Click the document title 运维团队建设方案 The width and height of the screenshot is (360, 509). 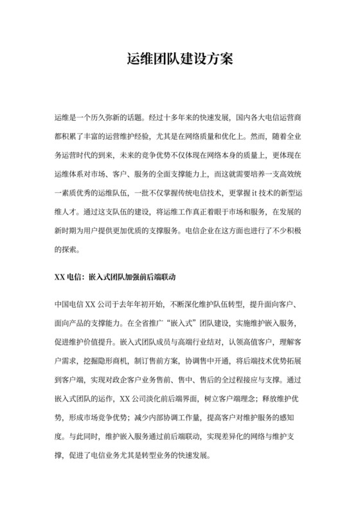coord(179,60)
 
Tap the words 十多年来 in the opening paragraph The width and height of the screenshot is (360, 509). coord(192,119)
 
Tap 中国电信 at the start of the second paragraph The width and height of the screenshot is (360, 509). coord(70,305)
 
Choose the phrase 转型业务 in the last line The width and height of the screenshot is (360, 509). coord(167,455)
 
